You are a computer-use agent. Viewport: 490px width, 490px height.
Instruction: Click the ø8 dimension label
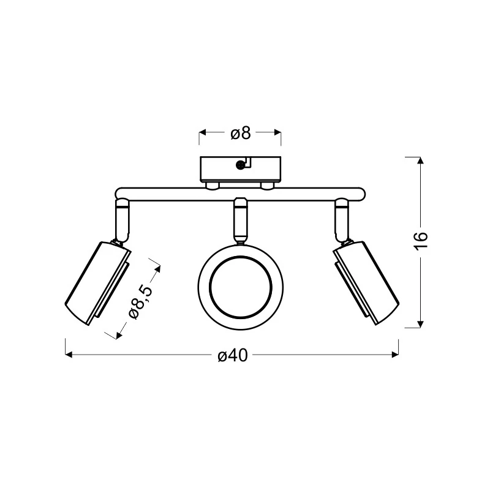[241, 133]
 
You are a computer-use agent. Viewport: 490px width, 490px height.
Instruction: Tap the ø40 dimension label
[233, 356]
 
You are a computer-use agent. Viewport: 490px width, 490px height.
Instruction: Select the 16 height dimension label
[421, 241]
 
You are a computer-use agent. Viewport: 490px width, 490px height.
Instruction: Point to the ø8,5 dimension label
[141, 301]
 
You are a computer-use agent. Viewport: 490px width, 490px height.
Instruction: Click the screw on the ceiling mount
[240, 165]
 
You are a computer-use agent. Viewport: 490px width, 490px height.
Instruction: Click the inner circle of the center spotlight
[241, 288]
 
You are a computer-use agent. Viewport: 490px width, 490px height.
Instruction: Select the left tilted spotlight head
[97, 283]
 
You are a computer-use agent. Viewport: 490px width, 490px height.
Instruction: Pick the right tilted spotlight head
[366, 283]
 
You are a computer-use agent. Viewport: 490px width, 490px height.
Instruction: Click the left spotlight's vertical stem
[123, 221]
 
